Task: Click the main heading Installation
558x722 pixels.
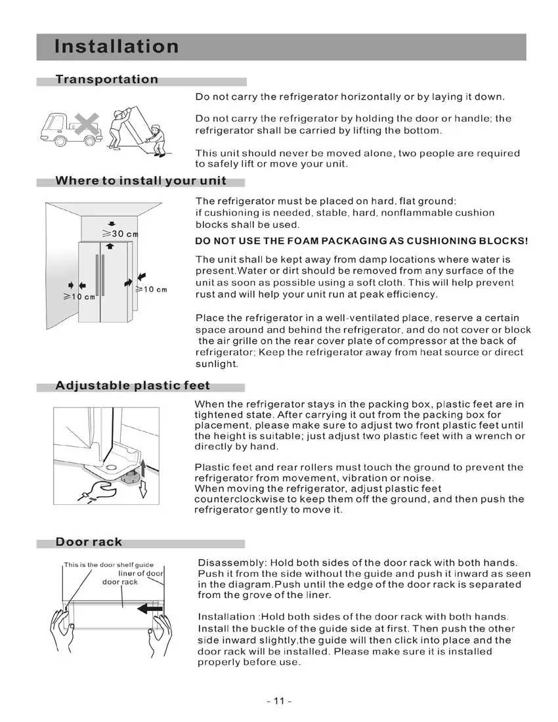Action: click(116, 47)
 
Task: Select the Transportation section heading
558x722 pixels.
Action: click(107, 79)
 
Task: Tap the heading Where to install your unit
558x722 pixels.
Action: click(141, 180)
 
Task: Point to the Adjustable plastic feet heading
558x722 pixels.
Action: click(133, 385)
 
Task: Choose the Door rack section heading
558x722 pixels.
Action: click(89, 541)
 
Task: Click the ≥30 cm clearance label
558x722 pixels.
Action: click(120, 234)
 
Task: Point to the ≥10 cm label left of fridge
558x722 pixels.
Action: click(79, 297)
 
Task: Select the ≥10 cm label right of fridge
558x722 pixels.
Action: click(151, 289)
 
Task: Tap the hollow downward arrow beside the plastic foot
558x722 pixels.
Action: click(143, 488)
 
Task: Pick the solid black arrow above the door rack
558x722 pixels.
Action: click(150, 609)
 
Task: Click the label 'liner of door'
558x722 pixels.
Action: click(141, 573)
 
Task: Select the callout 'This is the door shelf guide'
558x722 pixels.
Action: click(109, 565)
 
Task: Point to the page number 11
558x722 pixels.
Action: click(279, 701)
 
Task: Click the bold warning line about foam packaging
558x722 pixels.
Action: click(362, 241)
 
